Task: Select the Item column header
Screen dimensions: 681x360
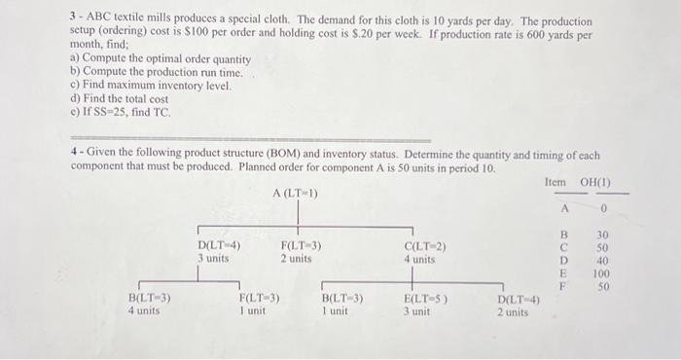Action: [x=556, y=182]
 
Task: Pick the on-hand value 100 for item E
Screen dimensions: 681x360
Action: [x=603, y=274]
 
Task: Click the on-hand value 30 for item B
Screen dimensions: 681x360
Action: [x=603, y=234]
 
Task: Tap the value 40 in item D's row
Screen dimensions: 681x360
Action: [x=603, y=261]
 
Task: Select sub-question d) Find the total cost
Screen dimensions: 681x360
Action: [x=120, y=98]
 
